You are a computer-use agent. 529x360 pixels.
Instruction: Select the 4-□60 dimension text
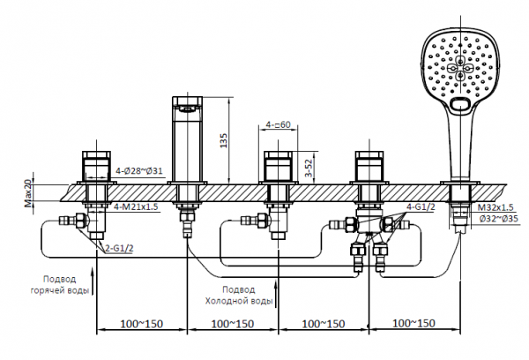point(281,126)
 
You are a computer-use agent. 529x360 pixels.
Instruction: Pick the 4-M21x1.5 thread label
point(136,206)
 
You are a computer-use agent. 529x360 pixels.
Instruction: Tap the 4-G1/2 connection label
point(419,207)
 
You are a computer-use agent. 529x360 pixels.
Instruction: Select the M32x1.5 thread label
point(495,207)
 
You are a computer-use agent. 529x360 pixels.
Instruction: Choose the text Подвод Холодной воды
point(239,295)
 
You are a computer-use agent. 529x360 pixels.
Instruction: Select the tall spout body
point(189,141)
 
